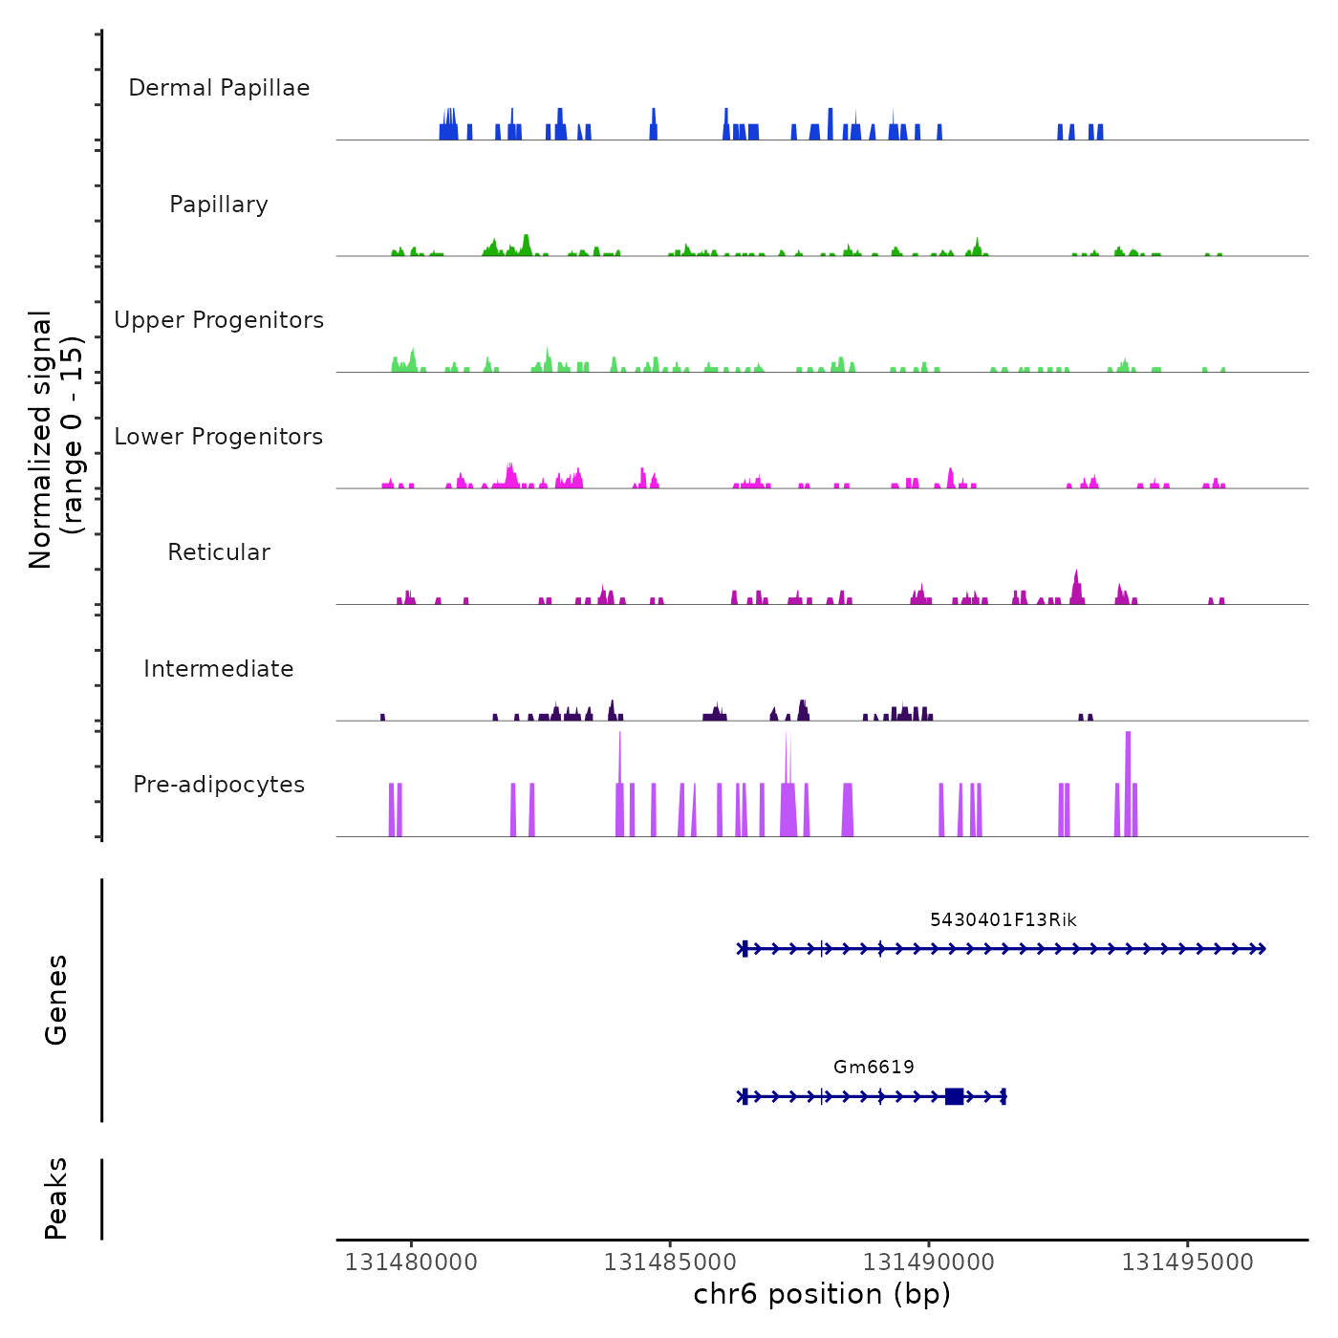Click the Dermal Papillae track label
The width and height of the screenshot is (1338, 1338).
[x=219, y=88]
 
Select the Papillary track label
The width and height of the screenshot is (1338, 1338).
[x=219, y=205]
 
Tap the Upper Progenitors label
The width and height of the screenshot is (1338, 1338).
[x=219, y=320]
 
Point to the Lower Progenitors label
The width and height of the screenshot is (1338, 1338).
[x=219, y=437]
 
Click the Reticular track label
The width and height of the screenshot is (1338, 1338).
[x=219, y=552]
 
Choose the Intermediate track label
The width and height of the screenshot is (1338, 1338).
[x=219, y=669]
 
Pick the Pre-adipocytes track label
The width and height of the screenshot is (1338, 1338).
[x=219, y=785]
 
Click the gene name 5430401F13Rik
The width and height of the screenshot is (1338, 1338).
[x=1003, y=920]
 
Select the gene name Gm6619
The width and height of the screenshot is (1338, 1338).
[x=874, y=1068]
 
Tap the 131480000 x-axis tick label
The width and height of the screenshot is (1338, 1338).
[x=411, y=1262]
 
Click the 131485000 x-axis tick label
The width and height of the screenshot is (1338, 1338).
[x=670, y=1262]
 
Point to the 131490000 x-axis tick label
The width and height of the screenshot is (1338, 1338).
[x=929, y=1262]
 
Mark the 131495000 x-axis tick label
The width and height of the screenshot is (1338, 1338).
[x=1188, y=1262]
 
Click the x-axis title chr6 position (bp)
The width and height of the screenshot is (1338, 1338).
[x=822, y=1294]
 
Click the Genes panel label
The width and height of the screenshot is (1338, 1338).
[x=56, y=1000]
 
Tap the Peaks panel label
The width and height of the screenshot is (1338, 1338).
[x=56, y=1198]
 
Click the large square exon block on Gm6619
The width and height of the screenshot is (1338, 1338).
[x=954, y=1096]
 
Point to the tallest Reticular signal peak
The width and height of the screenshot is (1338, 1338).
[x=1077, y=577]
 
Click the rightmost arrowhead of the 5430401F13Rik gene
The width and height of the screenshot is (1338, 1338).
[x=1262, y=949]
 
